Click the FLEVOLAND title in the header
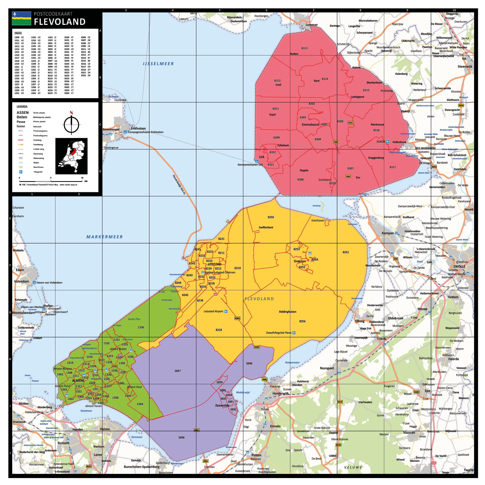pyautogui.click(x=60, y=22)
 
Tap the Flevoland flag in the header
pyautogui.click(x=21, y=18)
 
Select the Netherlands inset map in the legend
pyautogui.click(x=71, y=156)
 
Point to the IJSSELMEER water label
pyautogui.click(x=158, y=64)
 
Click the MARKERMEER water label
pyautogui.click(x=104, y=237)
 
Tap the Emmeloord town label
pyautogui.click(x=310, y=124)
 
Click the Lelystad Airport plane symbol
pyautogui.click(x=226, y=311)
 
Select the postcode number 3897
pyautogui.click(x=177, y=371)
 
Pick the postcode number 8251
pyautogui.click(x=346, y=252)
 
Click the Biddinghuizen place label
pyautogui.click(x=288, y=311)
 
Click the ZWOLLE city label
pyautogui.click(x=459, y=266)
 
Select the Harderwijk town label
pyautogui.click(x=281, y=393)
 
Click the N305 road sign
pyautogui.click(x=257, y=347)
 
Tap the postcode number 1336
pyautogui.click(x=141, y=327)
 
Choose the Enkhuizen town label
pyautogui.click(x=138, y=128)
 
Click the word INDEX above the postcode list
pyautogui.click(x=18, y=33)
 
